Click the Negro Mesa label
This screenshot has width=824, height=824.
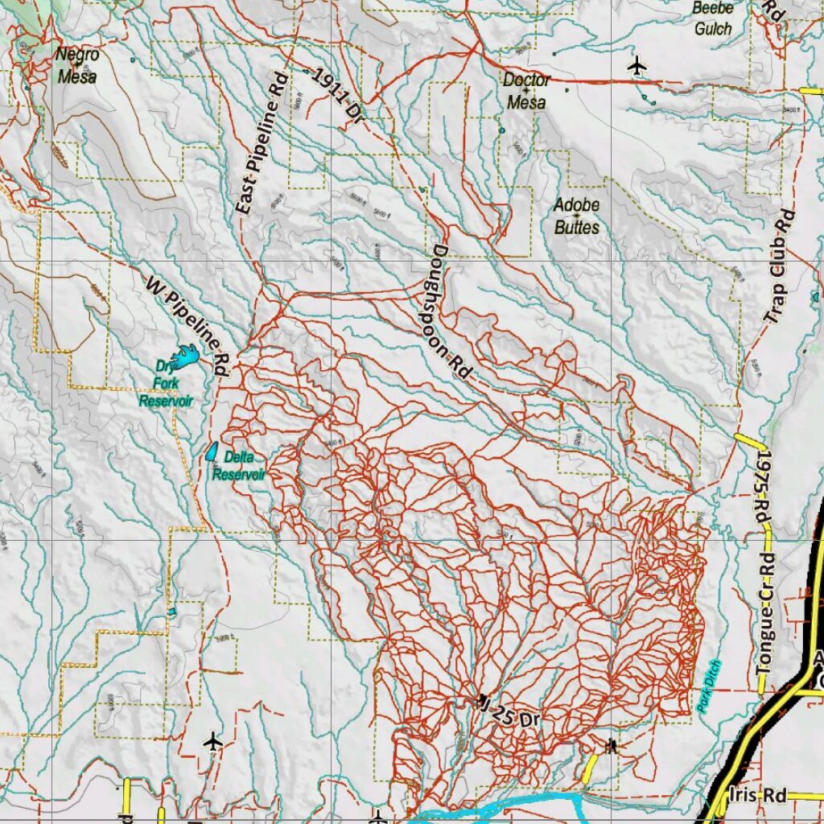click(77, 66)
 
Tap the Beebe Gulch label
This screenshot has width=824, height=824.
click(713, 19)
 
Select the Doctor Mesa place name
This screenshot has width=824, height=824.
click(526, 91)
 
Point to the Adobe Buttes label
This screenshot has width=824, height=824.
click(577, 216)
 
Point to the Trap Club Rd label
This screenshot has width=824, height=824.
click(779, 267)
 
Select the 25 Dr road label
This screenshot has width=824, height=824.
click(509, 714)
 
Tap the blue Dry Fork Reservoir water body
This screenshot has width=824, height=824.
click(187, 356)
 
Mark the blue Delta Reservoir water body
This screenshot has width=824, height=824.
click(212, 452)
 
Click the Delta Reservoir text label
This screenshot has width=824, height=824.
click(239, 466)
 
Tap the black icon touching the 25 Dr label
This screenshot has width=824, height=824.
click(482, 700)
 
